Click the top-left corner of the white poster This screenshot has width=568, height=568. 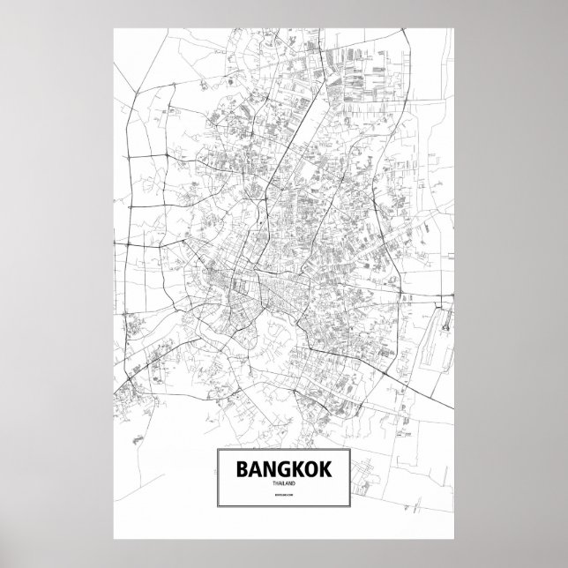pos(115,26)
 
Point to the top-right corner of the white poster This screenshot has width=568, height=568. pos(454,26)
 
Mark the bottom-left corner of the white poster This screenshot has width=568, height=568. pos(115,541)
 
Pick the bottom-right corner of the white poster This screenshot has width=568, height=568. pos(454,541)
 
